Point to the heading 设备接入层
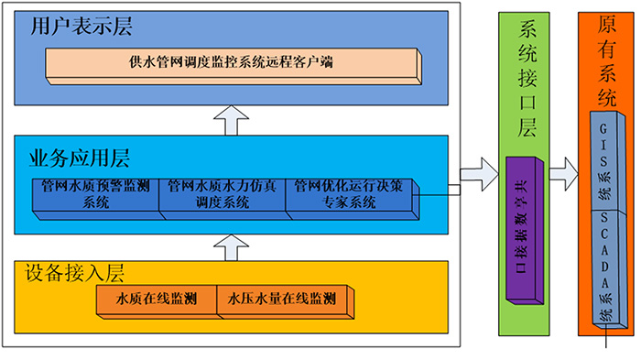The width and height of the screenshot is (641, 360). tap(74, 272)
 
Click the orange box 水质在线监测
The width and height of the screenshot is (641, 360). tap(156, 300)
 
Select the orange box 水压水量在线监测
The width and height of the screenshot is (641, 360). tap(280, 300)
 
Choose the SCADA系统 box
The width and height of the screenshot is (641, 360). tap(606, 266)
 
